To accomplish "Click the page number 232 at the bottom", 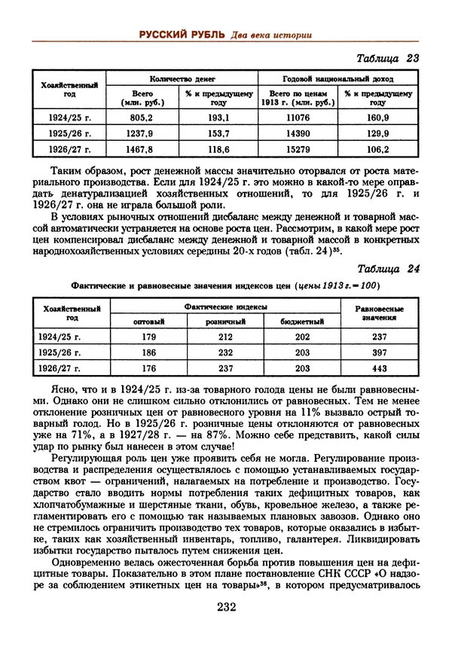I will (227, 608).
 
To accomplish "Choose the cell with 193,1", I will (218, 118).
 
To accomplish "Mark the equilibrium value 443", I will (379, 368).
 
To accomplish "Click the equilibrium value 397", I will (379, 352).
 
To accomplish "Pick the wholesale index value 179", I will (148, 337).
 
